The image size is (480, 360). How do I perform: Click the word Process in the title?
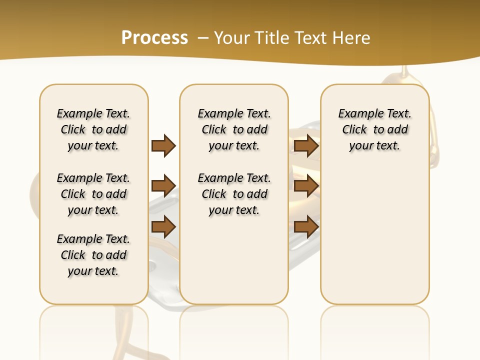tap(154, 37)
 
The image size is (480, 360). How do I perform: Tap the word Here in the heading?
tap(352, 37)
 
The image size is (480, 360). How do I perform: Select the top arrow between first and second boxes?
tap(163, 146)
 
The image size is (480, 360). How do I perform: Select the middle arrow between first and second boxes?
tap(163, 186)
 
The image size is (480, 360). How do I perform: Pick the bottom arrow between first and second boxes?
tap(163, 226)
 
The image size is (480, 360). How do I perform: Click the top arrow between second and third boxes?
tap(306, 146)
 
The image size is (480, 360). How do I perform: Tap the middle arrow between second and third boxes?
tap(306, 186)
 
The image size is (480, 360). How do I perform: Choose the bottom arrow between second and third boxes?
tap(306, 226)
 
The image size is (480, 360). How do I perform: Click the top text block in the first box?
tap(93, 129)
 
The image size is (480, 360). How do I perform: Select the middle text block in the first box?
tap(93, 194)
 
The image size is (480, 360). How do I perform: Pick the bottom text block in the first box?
tap(93, 255)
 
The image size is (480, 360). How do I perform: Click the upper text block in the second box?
tap(234, 129)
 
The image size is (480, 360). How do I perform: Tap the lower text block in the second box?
tap(234, 194)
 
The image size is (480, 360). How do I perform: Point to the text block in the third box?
tap(374, 129)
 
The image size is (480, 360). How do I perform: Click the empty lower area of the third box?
tap(374, 240)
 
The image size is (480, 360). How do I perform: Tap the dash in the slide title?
tap(203, 37)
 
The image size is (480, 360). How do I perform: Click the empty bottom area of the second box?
tap(234, 265)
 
